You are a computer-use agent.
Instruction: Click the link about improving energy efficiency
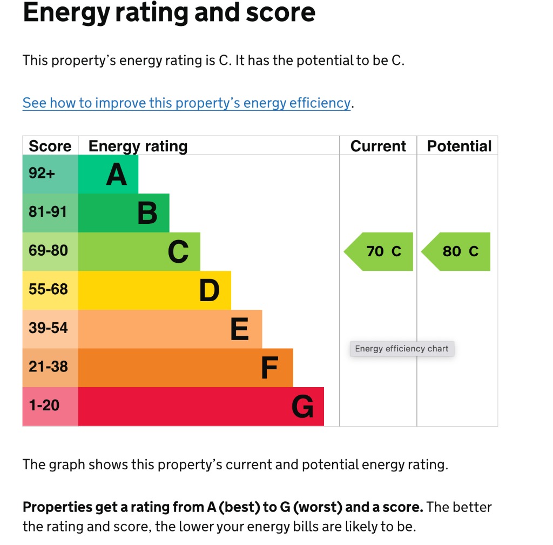pos(186,103)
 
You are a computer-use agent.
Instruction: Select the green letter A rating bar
pos(109,174)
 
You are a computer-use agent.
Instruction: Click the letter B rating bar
pos(124,213)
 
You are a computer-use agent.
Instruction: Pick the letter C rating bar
pos(139,251)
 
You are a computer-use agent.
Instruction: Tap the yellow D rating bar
pos(154,290)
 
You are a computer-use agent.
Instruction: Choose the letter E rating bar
pos(170,329)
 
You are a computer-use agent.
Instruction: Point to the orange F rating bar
pos(186,368)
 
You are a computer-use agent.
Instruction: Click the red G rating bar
pos(201,406)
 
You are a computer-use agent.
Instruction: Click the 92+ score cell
pos(50,174)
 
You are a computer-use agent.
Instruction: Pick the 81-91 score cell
pos(50,213)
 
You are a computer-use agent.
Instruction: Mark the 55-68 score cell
pos(50,290)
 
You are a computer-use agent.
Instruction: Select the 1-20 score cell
pos(50,406)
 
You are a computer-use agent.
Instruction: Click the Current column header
pos(378,146)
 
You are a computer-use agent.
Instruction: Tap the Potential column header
pos(459,146)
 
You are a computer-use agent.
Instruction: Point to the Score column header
pos(50,146)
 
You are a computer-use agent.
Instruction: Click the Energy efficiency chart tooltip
pos(402,349)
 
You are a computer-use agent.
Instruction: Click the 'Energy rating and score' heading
pos(169,13)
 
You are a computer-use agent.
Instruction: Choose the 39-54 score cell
pos(50,329)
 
